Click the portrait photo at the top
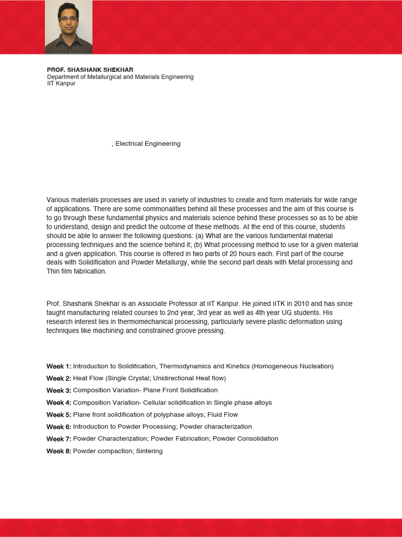click(x=69, y=27)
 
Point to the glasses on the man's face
click(x=68, y=18)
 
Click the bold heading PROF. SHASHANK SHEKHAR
click(x=90, y=70)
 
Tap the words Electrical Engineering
click(x=148, y=144)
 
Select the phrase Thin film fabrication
click(x=76, y=271)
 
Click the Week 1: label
click(x=59, y=366)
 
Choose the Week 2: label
click(x=59, y=378)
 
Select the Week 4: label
click(x=59, y=403)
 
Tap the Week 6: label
click(x=59, y=427)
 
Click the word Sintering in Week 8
click(x=150, y=451)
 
